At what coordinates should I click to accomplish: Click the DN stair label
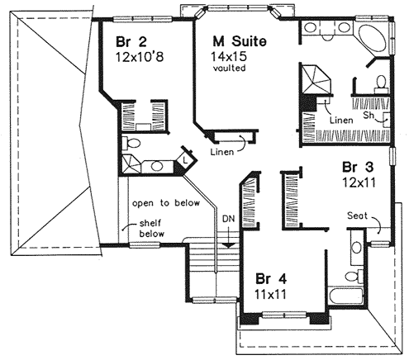click(x=229, y=218)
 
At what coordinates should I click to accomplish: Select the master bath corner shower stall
click(x=316, y=81)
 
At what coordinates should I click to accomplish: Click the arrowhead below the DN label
click(x=229, y=241)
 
